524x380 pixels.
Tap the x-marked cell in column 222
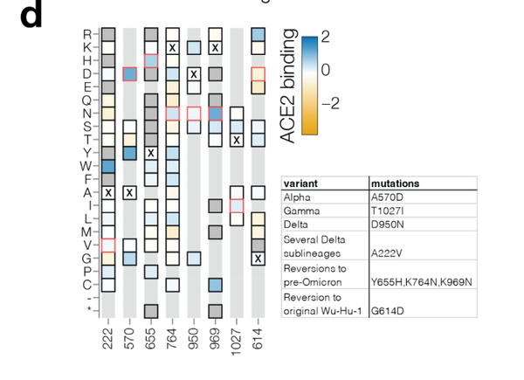pyautogui.click(x=108, y=192)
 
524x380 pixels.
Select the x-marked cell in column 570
pyautogui.click(x=129, y=192)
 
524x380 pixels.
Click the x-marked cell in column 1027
pyautogui.click(x=237, y=140)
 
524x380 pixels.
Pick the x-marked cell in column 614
pyautogui.click(x=258, y=258)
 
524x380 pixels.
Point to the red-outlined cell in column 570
pyautogui.click(x=129, y=74)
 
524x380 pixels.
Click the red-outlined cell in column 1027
pyautogui.click(x=237, y=205)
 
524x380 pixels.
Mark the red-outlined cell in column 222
pyautogui.click(x=108, y=245)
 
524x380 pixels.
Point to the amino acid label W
pyautogui.click(x=86, y=166)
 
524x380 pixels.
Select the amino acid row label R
pyautogui.click(x=86, y=35)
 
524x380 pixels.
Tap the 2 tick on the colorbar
pyautogui.click(x=326, y=37)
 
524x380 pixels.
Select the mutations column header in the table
pyautogui.click(x=396, y=183)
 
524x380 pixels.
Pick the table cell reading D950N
pyautogui.click(x=386, y=224)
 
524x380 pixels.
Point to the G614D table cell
pyautogui.click(x=386, y=310)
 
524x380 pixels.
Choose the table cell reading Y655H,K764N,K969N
pyautogui.click(x=422, y=281)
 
